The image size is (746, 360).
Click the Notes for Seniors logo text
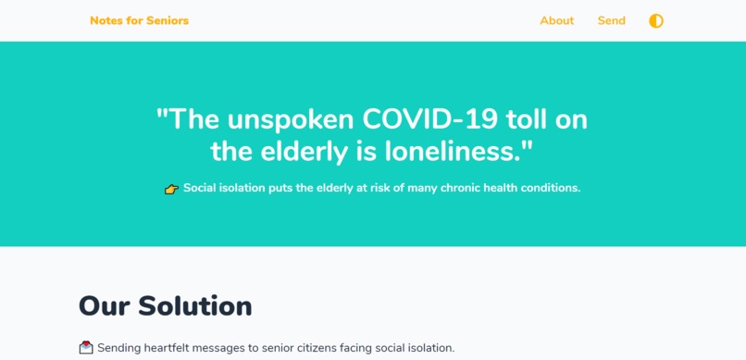(139, 20)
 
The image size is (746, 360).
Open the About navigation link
(556, 20)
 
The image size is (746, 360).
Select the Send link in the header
(611, 20)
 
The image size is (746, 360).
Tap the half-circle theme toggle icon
(656, 20)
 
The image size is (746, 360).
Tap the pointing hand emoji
(171, 189)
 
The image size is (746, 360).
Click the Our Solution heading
(165, 305)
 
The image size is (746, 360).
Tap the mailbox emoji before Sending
(86, 348)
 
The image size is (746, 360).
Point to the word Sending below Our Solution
(121, 348)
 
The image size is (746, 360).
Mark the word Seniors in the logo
(168, 20)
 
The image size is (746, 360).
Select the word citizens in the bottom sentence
(314, 348)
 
